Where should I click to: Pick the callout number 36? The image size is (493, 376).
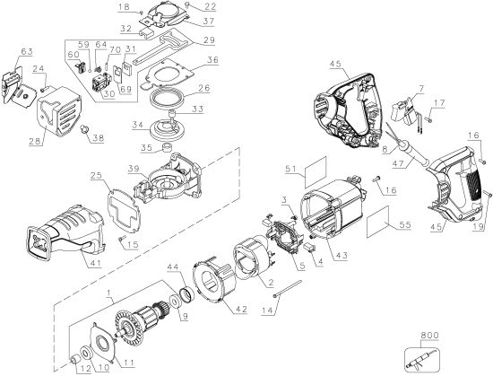tap(212, 61)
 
